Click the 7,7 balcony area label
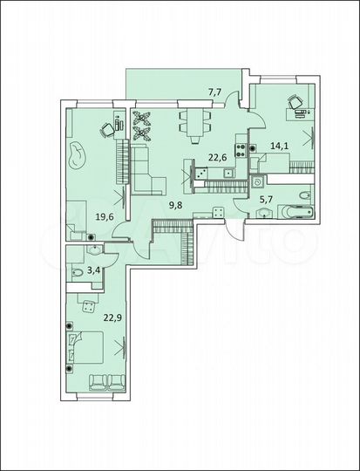click(x=214, y=90)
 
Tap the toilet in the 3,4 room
click(x=78, y=275)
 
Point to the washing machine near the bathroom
click(x=259, y=183)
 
